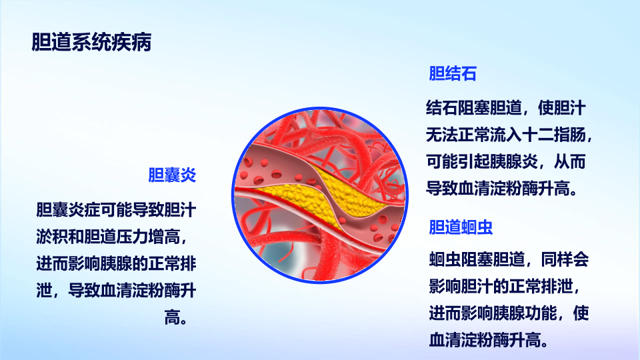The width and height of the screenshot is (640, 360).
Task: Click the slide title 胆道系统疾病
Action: [x=91, y=42]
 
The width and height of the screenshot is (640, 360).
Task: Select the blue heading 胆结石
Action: [x=453, y=74]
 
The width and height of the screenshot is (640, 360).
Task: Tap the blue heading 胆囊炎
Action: [x=172, y=175]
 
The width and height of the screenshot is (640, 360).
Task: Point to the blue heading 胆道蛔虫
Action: [x=461, y=227]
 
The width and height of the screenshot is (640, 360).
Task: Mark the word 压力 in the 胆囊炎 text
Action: [x=132, y=237]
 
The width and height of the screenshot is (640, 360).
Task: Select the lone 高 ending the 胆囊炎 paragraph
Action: [x=172, y=317]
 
